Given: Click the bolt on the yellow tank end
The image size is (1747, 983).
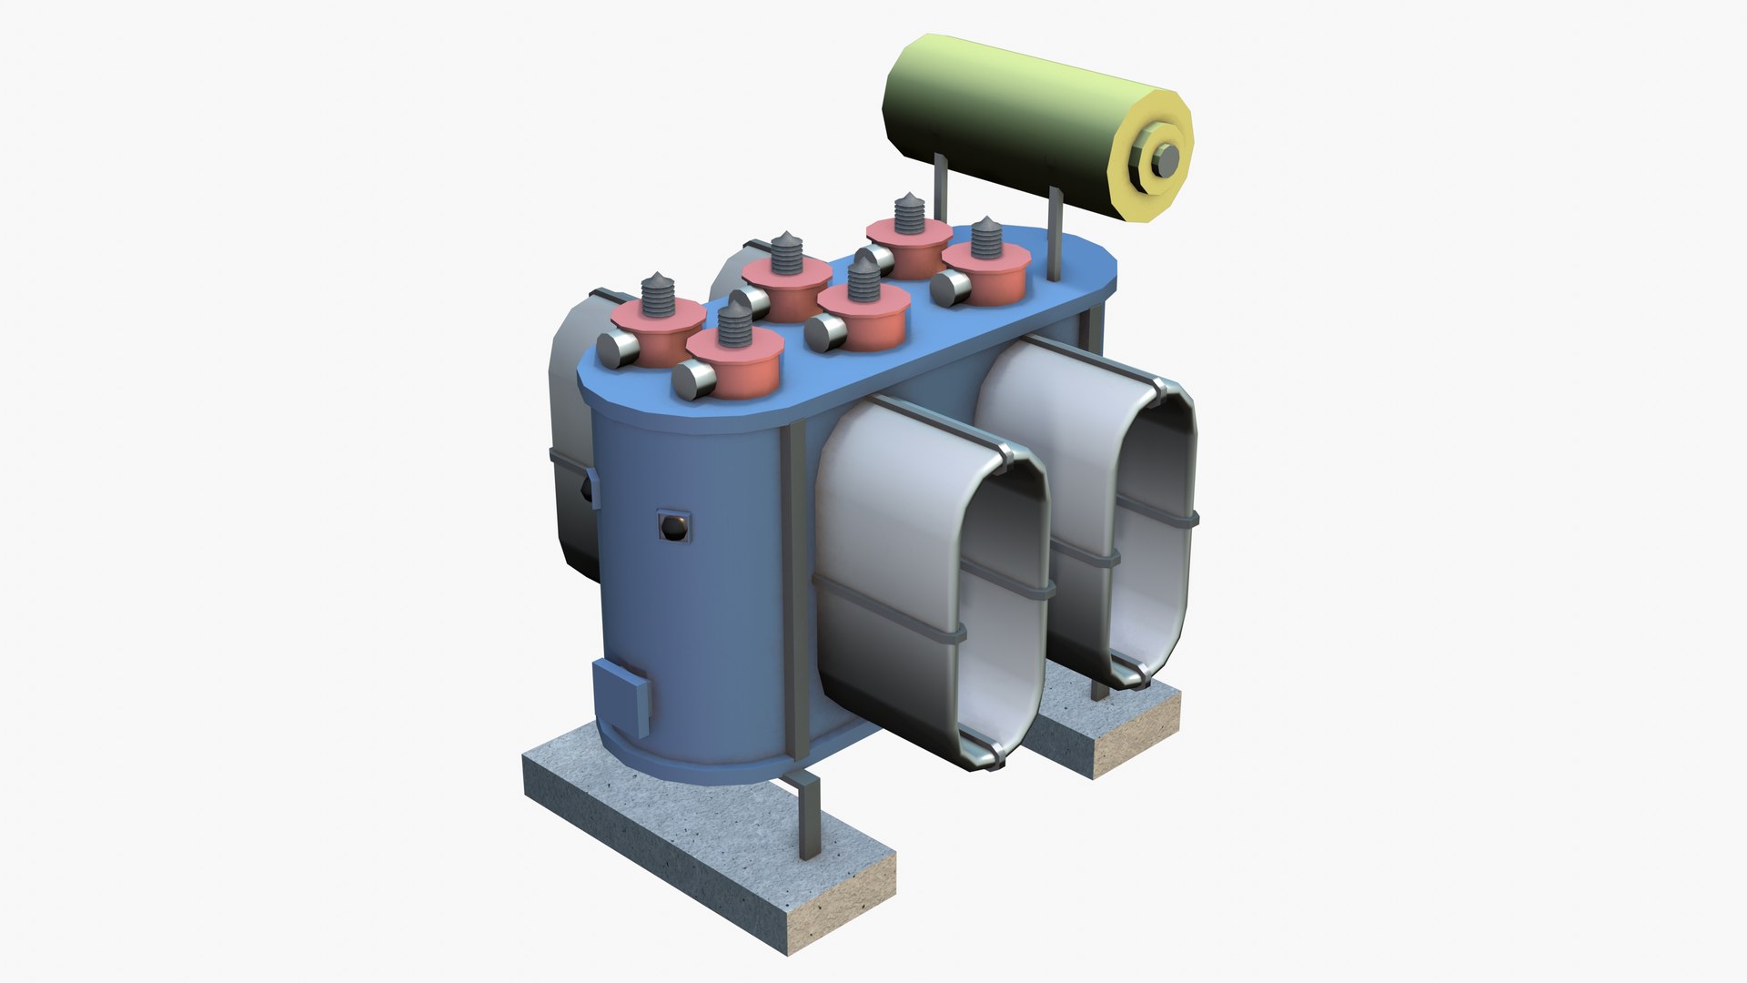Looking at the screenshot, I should point(1165,161).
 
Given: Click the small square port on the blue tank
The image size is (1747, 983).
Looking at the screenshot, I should point(674,527).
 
